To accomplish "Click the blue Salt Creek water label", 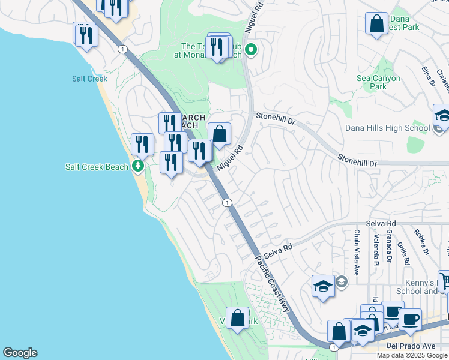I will [x=89, y=79].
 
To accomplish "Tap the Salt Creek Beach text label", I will [x=97, y=167].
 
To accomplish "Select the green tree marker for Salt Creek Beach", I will [x=139, y=166].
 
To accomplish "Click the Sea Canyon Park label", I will [x=379, y=82].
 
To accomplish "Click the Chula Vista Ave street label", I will [x=357, y=252].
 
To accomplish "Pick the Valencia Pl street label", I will [x=376, y=251].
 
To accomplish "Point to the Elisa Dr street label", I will [x=427, y=77].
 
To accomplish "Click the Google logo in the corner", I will [x=20, y=353].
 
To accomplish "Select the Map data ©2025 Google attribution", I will [x=412, y=355].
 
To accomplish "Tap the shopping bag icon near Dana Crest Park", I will [x=376, y=24].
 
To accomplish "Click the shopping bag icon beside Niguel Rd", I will [x=219, y=133].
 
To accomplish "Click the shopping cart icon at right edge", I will [x=444, y=280].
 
